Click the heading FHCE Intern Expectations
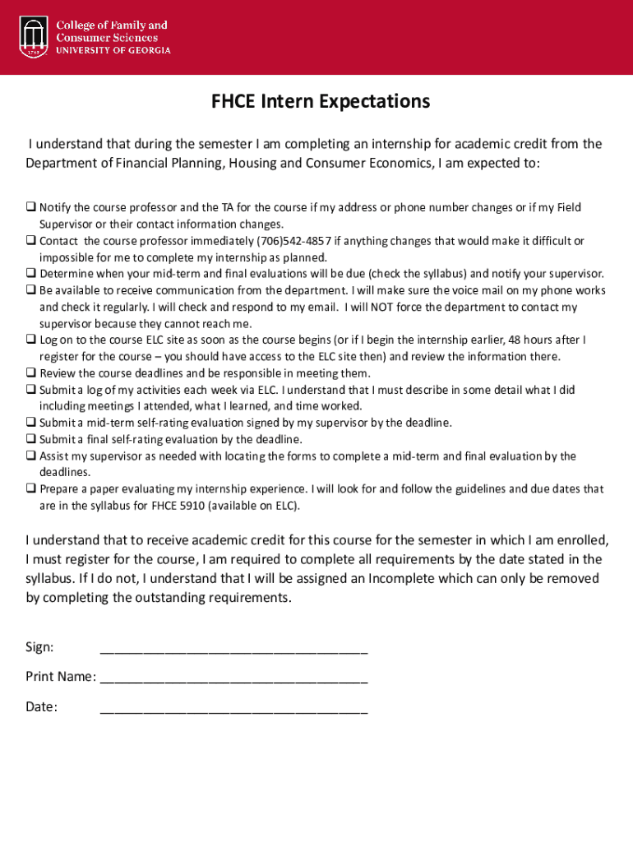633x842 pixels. [x=321, y=101]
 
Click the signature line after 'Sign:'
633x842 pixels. [x=233, y=650]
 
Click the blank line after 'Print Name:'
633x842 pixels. [x=233, y=679]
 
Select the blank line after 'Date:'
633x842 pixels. [x=233, y=709]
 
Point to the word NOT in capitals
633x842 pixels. [x=383, y=307]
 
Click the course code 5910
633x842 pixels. [x=187, y=506]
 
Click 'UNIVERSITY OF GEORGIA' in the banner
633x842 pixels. [x=113, y=50]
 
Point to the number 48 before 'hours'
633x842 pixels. [x=515, y=340]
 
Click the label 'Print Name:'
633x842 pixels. [x=60, y=677]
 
